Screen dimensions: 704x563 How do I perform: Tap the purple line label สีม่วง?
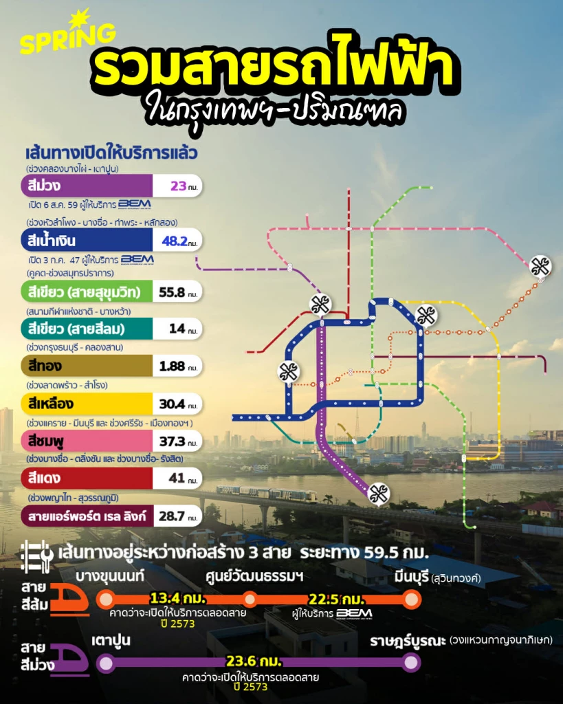[x=43, y=186]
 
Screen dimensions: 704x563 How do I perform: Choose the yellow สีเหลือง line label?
[x=52, y=403]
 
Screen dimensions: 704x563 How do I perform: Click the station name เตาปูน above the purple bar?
[x=111, y=641]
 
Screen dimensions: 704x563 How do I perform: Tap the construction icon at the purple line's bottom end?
[x=377, y=493]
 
